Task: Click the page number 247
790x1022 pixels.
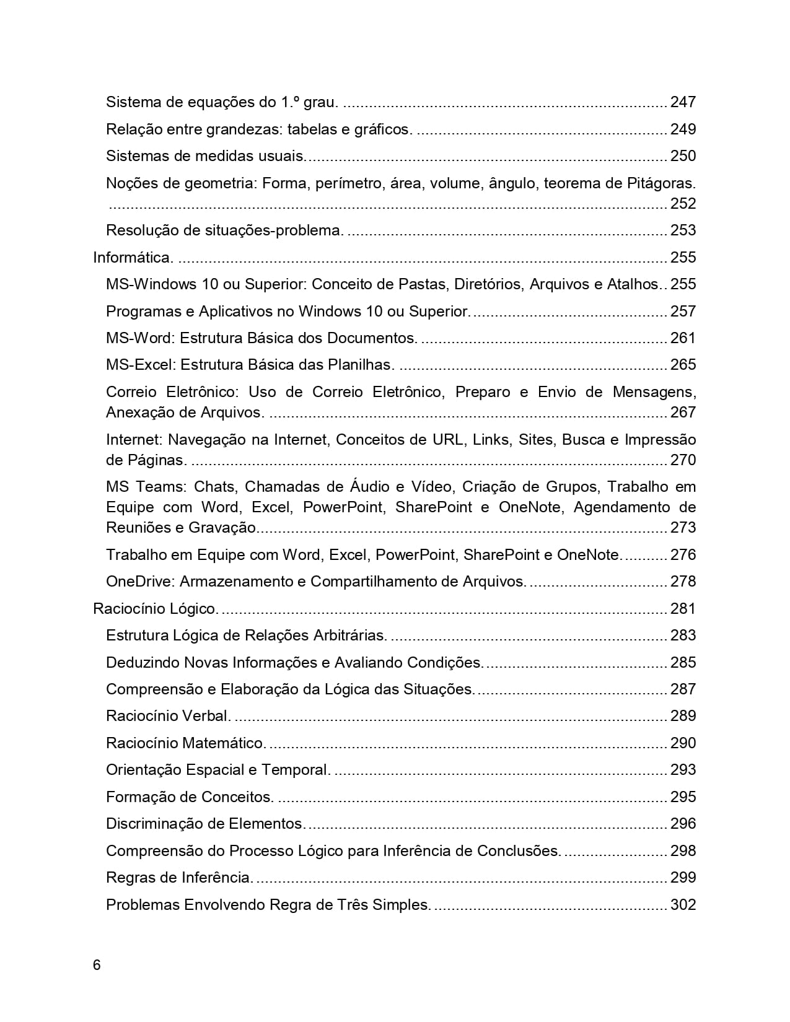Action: pyautogui.click(x=683, y=102)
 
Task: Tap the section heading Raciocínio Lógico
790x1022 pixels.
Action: pyautogui.click(x=156, y=608)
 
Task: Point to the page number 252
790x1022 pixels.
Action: pyautogui.click(x=683, y=203)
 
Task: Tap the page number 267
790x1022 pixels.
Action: pyautogui.click(x=683, y=412)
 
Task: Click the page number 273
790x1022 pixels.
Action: pyautogui.click(x=683, y=527)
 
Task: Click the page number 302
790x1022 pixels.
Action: pyautogui.click(x=683, y=904)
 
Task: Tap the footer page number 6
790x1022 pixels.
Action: pyautogui.click(x=97, y=965)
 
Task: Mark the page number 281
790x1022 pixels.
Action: pyautogui.click(x=683, y=608)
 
